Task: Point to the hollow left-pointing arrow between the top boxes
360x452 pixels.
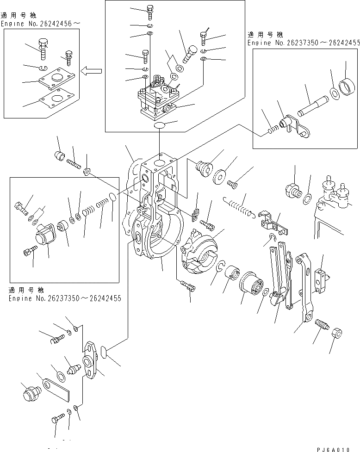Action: tap(92, 71)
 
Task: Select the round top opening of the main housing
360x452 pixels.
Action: tap(158, 163)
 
